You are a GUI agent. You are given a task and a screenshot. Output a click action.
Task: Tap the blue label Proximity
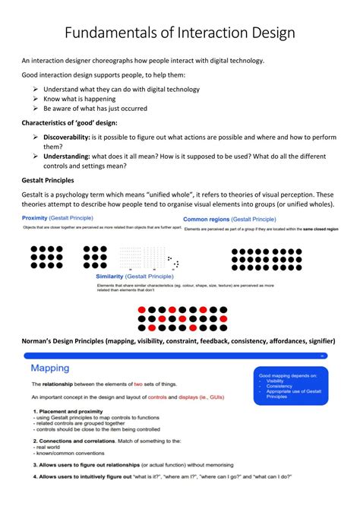pyautogui.click(x=36, y=219)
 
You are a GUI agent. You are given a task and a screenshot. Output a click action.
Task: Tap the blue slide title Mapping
pyautogui.click(x=50, y=368)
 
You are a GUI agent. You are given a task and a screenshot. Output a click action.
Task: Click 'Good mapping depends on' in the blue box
pyautogui.click(x=289, y=375)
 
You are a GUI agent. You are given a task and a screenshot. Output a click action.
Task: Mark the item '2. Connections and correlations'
pyautogui.click(x=71, y=440)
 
